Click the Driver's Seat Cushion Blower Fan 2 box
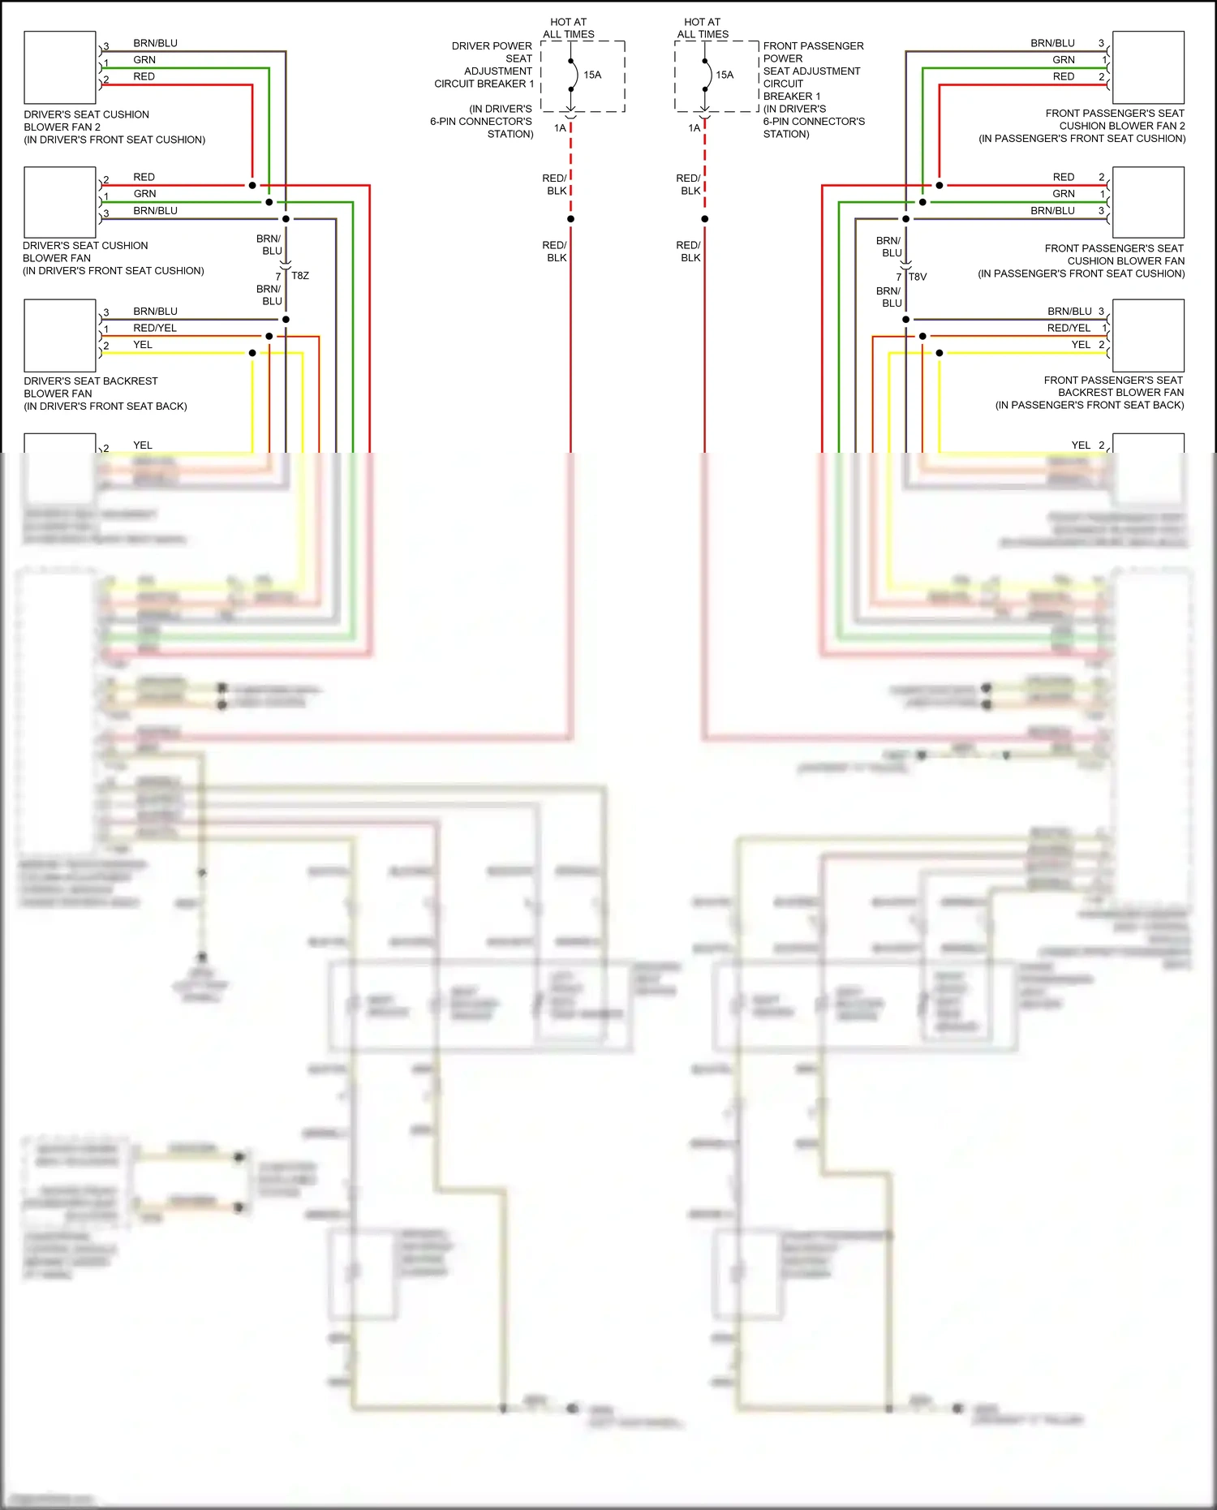60,67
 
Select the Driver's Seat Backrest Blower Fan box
60,335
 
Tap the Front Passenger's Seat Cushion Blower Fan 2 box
1148,67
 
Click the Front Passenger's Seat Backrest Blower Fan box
1148,335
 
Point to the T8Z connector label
300,276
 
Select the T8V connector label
918,277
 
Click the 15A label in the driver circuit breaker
592,75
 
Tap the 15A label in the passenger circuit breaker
725,75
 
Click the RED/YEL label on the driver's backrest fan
155,328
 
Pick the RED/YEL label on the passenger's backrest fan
1069,328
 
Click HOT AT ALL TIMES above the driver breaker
568,28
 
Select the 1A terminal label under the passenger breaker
694,128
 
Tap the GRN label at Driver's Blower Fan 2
144,59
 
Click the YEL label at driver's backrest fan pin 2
143,345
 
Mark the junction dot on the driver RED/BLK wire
570,219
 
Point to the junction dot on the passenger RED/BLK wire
704,219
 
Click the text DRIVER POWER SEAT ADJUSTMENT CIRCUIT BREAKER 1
484,65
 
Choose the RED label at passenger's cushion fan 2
1064,76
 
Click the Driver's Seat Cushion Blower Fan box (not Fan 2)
60,202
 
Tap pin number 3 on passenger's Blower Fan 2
1101,43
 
